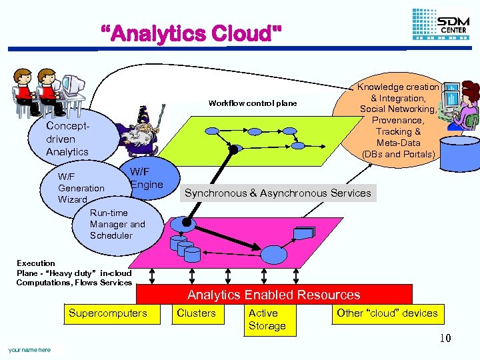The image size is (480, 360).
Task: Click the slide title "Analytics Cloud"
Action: pos(191,32)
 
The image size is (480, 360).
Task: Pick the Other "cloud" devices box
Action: pos(387,313)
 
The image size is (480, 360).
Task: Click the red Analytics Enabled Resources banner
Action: pos(273,295)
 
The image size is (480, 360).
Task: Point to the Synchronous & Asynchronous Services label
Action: pos(277,193)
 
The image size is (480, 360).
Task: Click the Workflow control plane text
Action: pos(253,103)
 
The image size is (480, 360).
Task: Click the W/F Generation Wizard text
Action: pos(81,188)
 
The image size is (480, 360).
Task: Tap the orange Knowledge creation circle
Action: pos(398,121)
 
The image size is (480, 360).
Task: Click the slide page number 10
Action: pos(445,339)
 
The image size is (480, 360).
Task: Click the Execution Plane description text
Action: pos(74,273)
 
